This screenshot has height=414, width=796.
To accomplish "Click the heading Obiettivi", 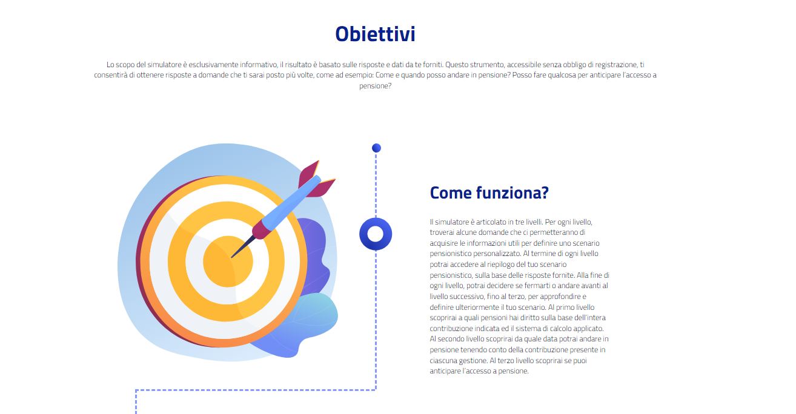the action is tap(375, 34).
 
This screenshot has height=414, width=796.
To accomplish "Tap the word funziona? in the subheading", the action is tap(512, 193).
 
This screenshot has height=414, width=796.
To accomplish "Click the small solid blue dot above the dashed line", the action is tap(376, 148).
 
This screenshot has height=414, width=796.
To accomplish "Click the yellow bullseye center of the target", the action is tap(228, 261).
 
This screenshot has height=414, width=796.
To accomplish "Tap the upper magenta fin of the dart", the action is tap(308, 173).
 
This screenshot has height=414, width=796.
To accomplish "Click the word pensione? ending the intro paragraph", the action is tap(375, 86).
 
